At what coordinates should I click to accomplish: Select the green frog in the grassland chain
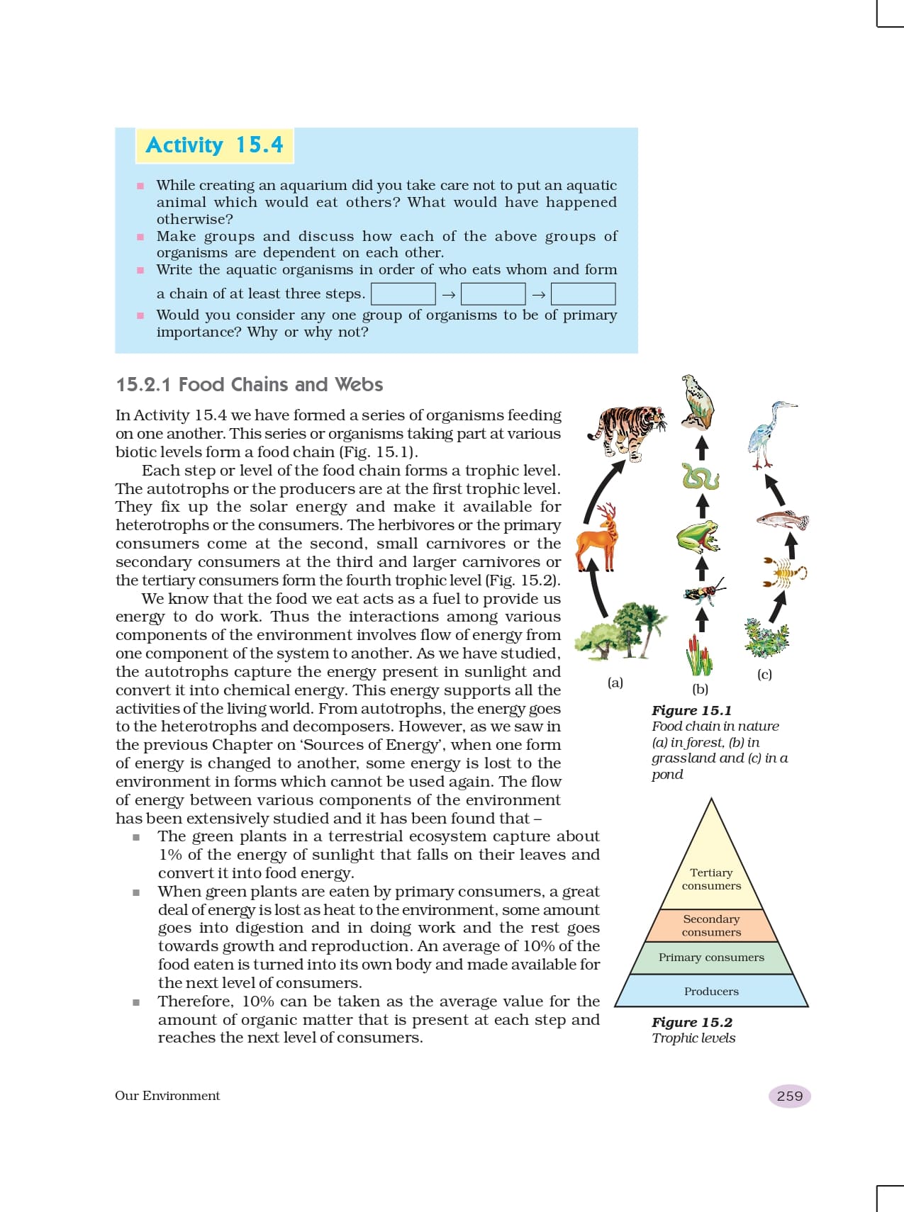coord(698,536)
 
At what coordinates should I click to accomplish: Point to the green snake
coord(701,477)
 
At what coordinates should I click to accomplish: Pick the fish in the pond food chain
coord(783,521)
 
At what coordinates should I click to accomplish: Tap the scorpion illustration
coord(784,573)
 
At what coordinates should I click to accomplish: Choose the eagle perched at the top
coord(698,402)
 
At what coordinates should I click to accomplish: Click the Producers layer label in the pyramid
coord(711,992)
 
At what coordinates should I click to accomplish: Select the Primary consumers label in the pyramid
coord(711,958)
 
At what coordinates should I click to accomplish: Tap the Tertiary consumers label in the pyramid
coord(711,880)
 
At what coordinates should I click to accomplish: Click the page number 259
coord(789,1096)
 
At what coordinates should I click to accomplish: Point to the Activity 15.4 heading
coord(214,145)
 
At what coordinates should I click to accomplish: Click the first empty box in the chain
coord(403,293)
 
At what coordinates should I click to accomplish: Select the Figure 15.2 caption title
coord(692,1022)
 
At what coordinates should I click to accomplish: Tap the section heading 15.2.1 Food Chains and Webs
coord(250,384)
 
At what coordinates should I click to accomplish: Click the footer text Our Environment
coord(167,1096)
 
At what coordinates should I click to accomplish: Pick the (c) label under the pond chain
coord(764,674)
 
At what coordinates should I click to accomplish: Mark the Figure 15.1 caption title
coord(691,710)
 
